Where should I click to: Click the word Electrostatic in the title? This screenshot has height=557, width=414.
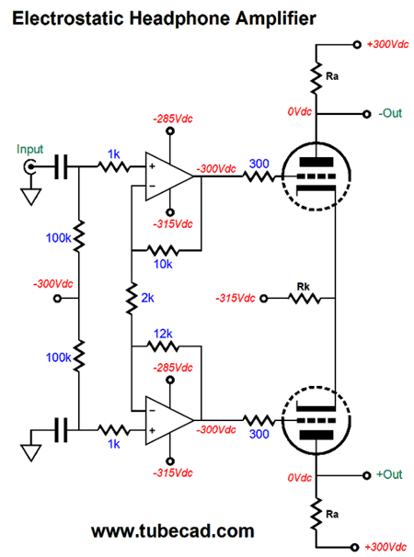(x=69, y=17)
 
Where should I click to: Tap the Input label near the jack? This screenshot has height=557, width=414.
(x=29, y=150)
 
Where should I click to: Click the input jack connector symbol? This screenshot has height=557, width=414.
(x=29, y=166)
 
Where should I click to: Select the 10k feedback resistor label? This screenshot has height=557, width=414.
(x=163, y=264)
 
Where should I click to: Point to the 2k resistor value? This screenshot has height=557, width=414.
(x=147, y=298)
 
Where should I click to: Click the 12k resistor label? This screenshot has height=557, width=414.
(x=163, y=334)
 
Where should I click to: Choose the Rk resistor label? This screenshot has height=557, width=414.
(x=304, y=287)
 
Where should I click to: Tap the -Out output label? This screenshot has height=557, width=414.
(x=390, y=113)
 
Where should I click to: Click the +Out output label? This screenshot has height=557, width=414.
(x=389, y=474)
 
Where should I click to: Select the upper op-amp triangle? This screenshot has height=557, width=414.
(x=168, y=176)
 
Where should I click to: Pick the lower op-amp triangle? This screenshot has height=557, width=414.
(x=168, y=421)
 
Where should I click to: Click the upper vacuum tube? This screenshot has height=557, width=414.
(x=316, y=176)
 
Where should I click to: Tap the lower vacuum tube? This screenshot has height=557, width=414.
(x=316, y=420)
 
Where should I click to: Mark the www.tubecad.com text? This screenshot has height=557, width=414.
(x=173, y=531)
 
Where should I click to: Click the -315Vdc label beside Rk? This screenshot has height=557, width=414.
(x=236, y=298)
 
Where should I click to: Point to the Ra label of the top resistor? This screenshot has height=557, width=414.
(x=332, y=76)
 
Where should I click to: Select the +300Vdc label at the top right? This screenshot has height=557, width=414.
(x=387, y=44)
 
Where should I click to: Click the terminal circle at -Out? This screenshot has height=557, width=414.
(x=367, y=114)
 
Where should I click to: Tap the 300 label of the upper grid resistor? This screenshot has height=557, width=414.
(x=259, y=164)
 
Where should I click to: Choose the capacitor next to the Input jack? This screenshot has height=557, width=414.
(x=61, y=166)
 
